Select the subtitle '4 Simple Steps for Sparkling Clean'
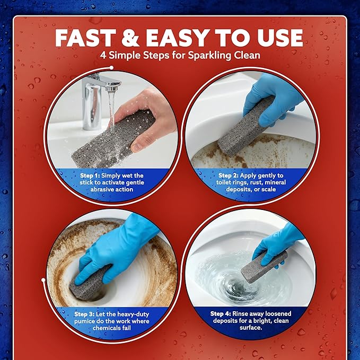pyautogui.click(x=180, y=56)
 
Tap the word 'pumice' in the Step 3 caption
pyautogui.click(x=84, y=321)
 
